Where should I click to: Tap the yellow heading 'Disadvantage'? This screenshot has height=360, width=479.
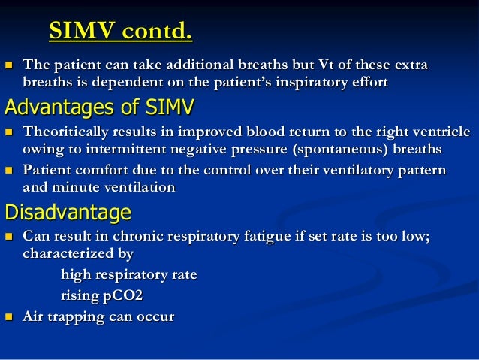68,213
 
